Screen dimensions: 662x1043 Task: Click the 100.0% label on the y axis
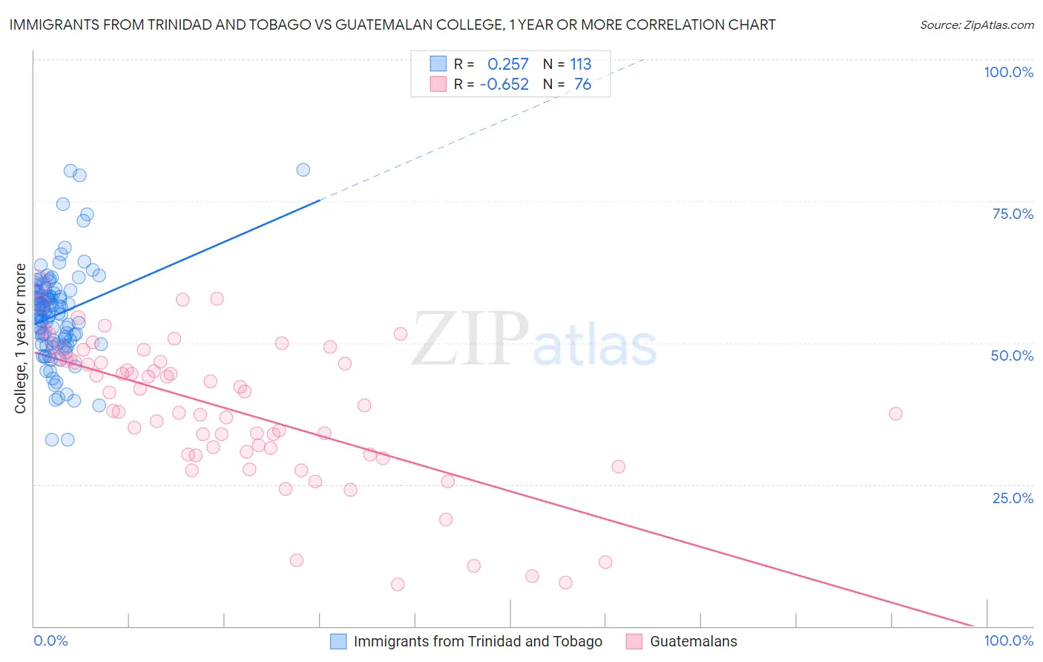click(1008, 72)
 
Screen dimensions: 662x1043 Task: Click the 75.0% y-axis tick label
click(1013, 214)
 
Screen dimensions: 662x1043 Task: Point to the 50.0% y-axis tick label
click(1012, 355)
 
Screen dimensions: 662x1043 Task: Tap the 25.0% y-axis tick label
click(1013, 498)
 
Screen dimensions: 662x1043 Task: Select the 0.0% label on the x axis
click(50, 640)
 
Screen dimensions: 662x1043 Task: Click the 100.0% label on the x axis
click(1008, 640)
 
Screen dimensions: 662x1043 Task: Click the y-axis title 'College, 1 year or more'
click(21, 338)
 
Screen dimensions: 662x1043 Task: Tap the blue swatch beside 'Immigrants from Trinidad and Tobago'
click(338, 641)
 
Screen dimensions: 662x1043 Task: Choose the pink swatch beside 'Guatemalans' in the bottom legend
click(634, 641)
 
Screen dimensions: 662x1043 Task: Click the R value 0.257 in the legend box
click(507, 65)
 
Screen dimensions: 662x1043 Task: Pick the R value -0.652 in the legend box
click(504, 85)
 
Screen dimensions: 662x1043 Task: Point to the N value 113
click(580, 65)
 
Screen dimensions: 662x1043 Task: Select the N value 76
click(582, 85)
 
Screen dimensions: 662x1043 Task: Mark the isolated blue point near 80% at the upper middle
click(303, 169)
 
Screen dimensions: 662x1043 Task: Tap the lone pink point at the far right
click(895, 413)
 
